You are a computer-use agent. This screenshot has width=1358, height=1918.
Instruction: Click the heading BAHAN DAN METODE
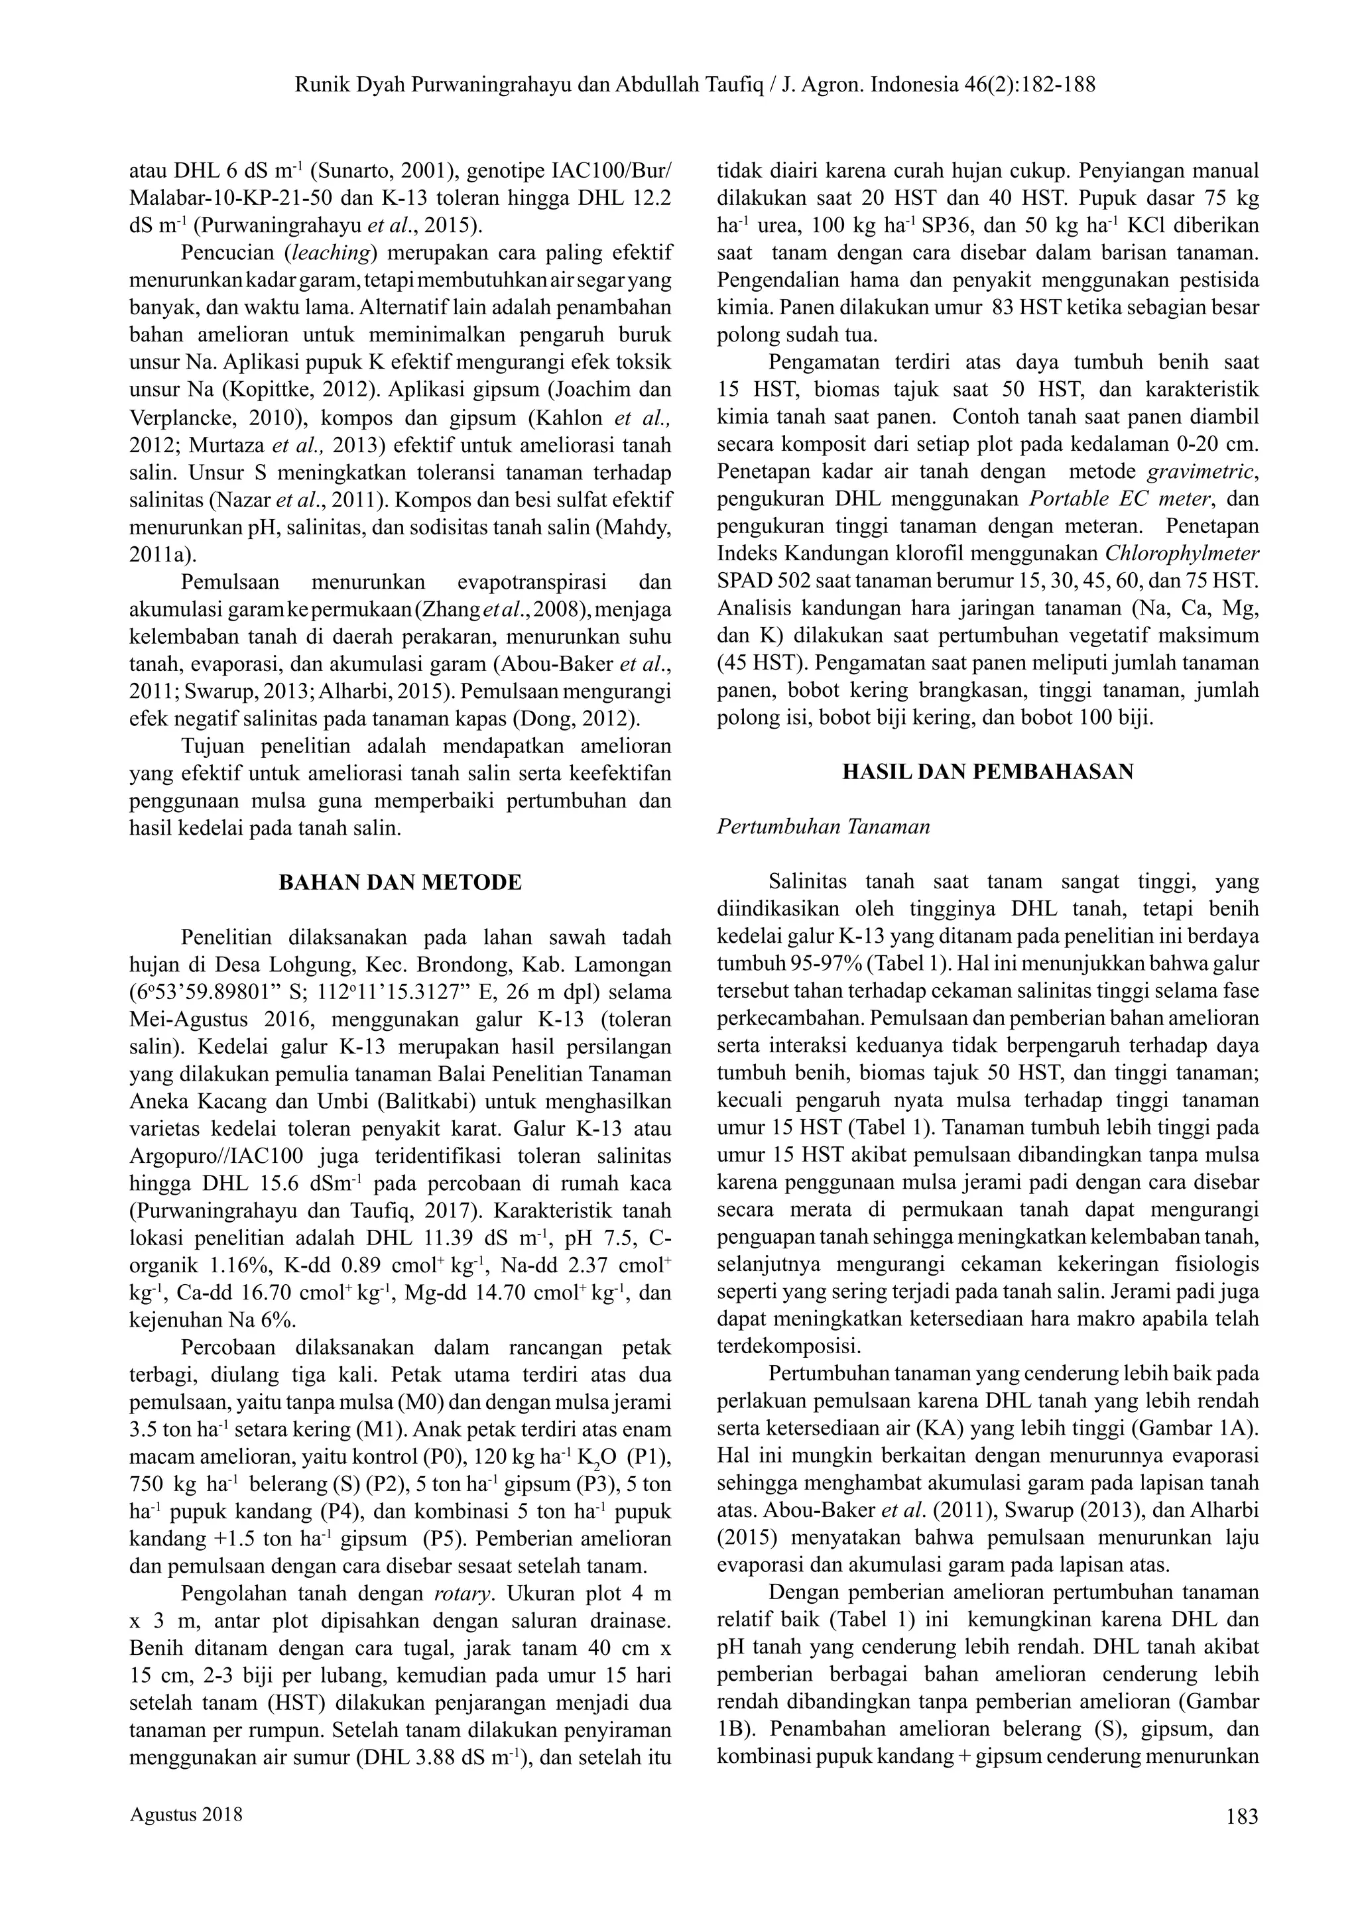tap(400, 882)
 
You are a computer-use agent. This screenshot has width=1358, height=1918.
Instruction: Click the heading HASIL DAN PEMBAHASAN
tap(987, 772)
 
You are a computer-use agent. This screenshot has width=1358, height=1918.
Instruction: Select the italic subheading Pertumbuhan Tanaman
tap(824, 827)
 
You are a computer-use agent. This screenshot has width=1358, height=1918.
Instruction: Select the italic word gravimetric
tap(1200, 471)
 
